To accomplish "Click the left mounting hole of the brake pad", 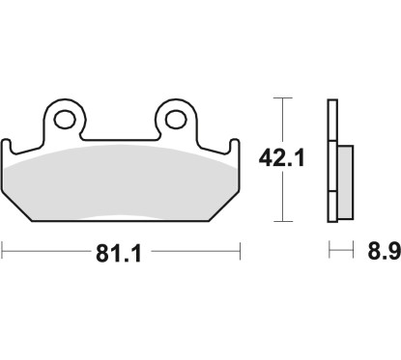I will [67, 120].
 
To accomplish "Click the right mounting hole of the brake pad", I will [175, 120].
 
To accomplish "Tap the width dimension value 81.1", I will [121, 256].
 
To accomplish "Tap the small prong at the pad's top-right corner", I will [233, 147].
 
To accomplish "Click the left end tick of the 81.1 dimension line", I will [5, 253].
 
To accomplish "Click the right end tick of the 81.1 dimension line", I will [239, 253].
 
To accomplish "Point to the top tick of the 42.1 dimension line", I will [281, 98].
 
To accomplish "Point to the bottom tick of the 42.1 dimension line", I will [281, 221].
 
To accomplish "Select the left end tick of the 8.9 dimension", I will [329, 253].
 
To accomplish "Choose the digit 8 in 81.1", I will [102, 256].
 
